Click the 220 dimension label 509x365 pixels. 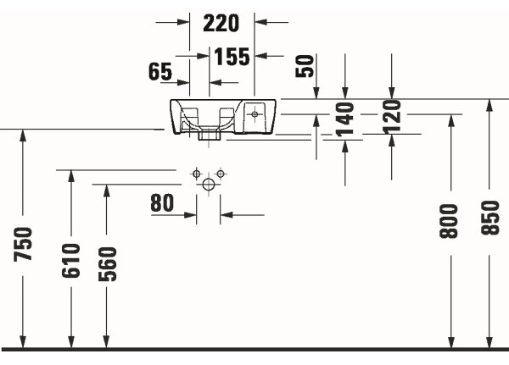click(221, 23)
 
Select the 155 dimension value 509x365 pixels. click(232, 57)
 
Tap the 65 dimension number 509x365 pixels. click(160, 72)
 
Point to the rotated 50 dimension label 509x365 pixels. click(305, 66)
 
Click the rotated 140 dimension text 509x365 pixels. click(344, 119)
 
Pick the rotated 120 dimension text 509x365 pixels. click(392, 117)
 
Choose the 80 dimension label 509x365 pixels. click(162, 203)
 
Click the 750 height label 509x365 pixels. click(23, 244)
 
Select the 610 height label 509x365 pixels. click(70, 261)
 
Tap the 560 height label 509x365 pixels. click(107, 264)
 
